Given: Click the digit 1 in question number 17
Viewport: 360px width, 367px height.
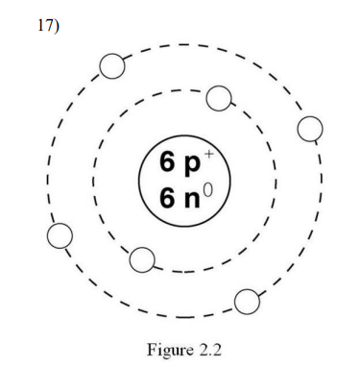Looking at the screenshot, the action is click(40, 25).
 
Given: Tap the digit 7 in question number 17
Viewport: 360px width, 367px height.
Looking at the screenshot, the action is click(47, 25).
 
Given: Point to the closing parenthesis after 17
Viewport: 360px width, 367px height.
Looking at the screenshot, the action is click(56, 26).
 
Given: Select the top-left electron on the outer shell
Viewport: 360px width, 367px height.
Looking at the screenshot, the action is click(112, 65).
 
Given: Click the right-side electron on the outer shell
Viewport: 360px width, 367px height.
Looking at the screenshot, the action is click(310, 129).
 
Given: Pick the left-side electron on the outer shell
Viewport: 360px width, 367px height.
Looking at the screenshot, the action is click(60, 235).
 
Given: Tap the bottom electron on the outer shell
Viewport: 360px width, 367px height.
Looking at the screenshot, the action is click(247, 302).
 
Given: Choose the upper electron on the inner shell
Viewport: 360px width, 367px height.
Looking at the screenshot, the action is click(219, 98).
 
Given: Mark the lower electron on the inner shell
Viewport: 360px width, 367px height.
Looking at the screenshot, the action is click(142, 259).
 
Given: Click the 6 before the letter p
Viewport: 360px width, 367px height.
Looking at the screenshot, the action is click(167, 161).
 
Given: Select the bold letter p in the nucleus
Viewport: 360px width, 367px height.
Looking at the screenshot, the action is click(191, 166).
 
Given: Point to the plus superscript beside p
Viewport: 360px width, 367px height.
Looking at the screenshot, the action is click(208, 154).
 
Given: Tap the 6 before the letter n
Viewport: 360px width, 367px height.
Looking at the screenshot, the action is click(167, 198).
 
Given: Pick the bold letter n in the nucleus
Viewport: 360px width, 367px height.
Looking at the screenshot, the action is click(191, 200).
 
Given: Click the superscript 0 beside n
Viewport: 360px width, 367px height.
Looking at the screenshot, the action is click(207, 189).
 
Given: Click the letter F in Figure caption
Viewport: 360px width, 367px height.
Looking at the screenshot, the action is click(152, 349).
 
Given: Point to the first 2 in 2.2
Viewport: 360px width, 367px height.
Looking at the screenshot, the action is click(204, 349).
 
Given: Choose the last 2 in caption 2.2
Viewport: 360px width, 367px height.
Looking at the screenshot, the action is click(217, 349).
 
